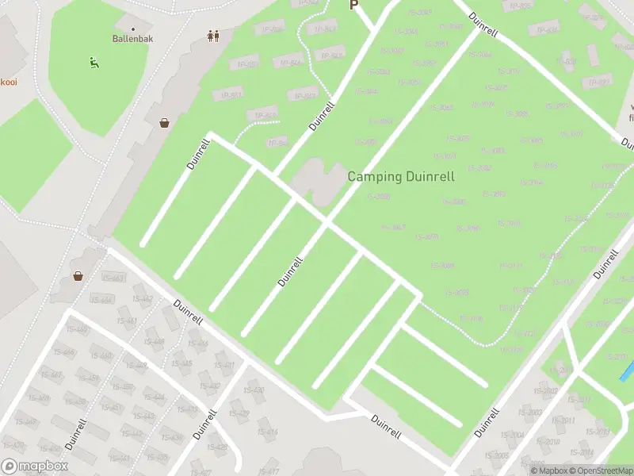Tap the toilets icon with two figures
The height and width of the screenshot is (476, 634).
pyautogui.click(x=212, y=36)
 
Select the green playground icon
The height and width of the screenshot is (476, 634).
pyautogui.click(x=94, y=61)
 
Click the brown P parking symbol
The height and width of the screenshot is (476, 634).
pyautogui.click(x=354, y=5)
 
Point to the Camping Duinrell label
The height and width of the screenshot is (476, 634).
pyautogui.click(x=401, y=177)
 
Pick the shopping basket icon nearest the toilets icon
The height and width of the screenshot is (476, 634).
pyautogui.click(x=164, y=123)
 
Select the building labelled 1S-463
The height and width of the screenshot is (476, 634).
pyautogui.click(x=113, y=278)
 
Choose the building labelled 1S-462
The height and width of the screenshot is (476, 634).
pyautogui.click(x=143, y=299)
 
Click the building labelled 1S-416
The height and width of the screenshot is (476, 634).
pyautogui.click(x=268, y=432)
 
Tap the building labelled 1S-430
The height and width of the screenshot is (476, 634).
pyautogui.click(x=254, y=390)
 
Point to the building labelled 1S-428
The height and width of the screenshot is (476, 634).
pyautogui.click(x=217, y=447)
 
